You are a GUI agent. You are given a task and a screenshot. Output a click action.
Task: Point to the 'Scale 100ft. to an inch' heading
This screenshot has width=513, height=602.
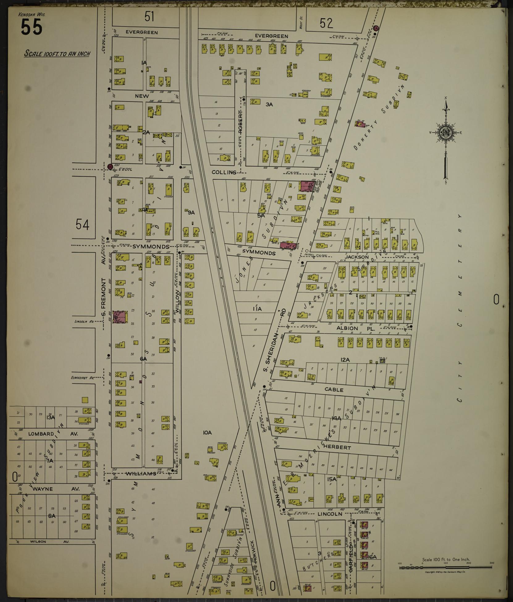click(57, 54)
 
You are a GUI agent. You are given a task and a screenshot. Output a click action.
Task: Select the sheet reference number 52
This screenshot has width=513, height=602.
click(326, 23)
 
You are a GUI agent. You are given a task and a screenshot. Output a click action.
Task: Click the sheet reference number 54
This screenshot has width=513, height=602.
click(82, 225)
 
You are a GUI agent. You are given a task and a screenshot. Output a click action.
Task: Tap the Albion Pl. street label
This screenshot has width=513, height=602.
click(355, 329)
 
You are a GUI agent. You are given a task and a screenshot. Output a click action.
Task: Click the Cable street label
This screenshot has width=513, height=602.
click(334, 389)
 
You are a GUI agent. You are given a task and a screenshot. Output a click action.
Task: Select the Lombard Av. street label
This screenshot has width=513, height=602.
click(53, 434)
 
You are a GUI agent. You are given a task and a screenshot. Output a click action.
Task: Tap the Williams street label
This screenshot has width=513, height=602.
click(141, 474)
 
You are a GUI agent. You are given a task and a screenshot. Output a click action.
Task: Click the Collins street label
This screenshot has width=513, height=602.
click(224, 172)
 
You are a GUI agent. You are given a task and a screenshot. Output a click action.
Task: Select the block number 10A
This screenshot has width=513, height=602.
click(207, 433)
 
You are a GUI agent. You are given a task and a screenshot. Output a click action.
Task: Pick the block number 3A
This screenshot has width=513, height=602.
click(269, 104)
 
